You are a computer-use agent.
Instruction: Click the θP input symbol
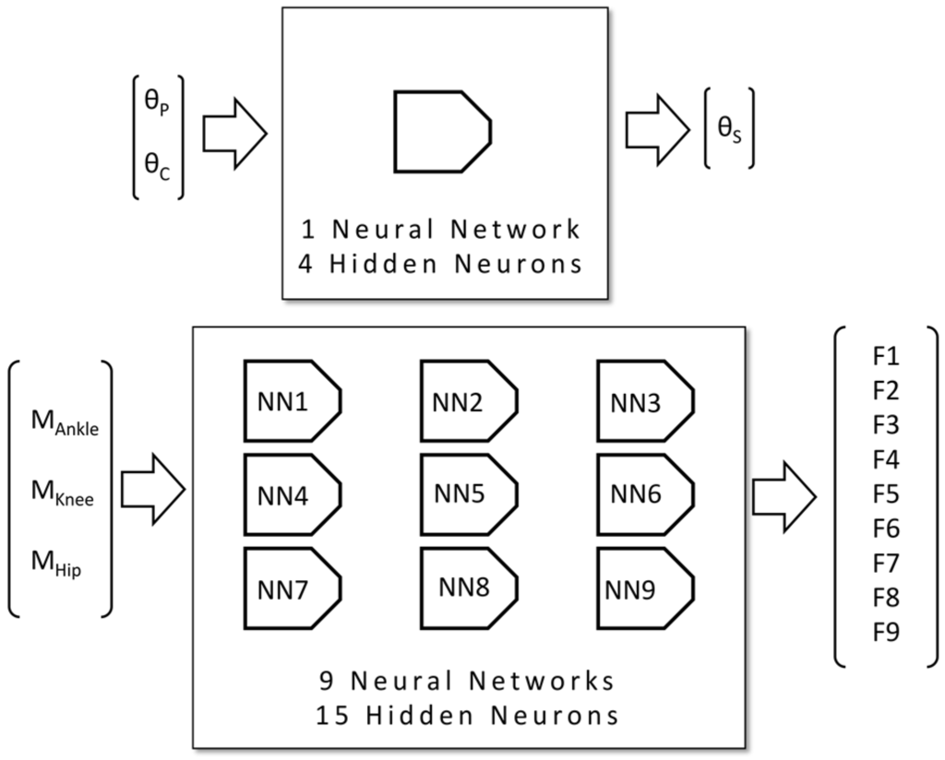[x=159, y=107]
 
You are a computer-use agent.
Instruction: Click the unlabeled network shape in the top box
[x=442, y=131]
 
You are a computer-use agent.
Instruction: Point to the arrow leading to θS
[x=657, y=128]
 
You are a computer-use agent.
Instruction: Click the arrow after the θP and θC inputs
[x=234, y=133]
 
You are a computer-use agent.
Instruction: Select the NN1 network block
[x=293, y=400]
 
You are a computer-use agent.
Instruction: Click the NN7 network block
[x=293, y=588]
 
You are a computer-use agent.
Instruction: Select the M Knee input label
[x=63, y=498]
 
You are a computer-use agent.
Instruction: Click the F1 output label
[x=884, y=356]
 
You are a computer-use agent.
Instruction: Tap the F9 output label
[x=884, y=632]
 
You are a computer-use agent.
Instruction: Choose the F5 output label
[x=884, y=494]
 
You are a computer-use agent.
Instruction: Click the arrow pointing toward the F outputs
[x=784, y=497]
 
